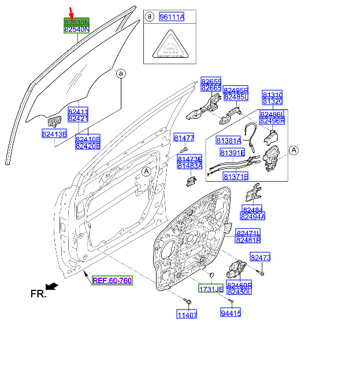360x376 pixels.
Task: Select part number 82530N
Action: point(76,21)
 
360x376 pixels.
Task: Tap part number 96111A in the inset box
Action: point(172,17)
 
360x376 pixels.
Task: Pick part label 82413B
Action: point(54,134)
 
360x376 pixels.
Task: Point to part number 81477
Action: point(184,138)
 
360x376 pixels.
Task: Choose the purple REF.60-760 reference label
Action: point(112,281)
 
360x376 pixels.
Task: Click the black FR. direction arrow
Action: point(51,286)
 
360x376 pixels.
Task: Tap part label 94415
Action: point(231,313)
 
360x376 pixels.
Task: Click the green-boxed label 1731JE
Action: point(211,289)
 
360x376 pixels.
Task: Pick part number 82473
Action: point(260,257)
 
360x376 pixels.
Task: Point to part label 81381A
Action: point(229,141)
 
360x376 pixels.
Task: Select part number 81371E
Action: point(235,176)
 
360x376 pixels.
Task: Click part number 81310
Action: point(273,94)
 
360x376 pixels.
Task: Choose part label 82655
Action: point(211,81)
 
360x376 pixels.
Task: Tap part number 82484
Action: point(252,209)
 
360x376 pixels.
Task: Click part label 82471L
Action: point(248,232)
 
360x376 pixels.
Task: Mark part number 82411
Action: point(78,111)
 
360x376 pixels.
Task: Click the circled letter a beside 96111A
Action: point(150,17)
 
